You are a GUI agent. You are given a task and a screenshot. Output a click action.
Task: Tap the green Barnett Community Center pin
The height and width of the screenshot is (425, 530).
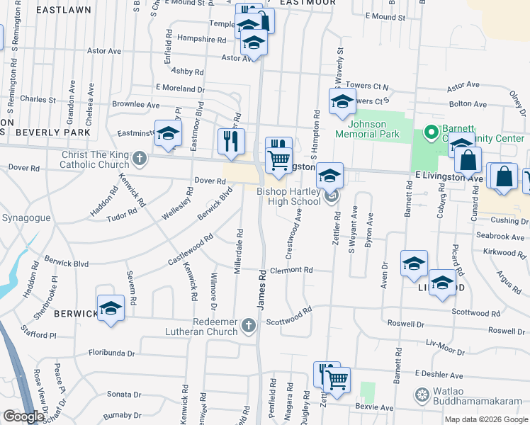click(430, 132)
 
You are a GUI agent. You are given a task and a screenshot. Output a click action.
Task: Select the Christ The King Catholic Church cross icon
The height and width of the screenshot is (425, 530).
click(140, 157)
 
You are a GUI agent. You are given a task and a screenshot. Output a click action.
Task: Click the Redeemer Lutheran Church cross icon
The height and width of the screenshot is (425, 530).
click(248, 325)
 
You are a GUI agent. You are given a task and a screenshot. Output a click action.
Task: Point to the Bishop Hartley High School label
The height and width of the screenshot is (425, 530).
click(288, 196)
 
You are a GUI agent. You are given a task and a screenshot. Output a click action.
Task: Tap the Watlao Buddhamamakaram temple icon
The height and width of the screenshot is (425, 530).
click(422, 394)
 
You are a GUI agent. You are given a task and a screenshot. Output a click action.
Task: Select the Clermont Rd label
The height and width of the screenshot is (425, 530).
click(291, 270)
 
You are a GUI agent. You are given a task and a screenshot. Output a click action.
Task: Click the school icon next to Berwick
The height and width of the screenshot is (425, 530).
click(111, 308)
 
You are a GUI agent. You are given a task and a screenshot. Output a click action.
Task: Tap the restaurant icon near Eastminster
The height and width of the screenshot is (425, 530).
click(230, 141)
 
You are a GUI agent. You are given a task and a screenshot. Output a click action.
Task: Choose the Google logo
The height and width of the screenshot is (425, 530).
click(23, 416)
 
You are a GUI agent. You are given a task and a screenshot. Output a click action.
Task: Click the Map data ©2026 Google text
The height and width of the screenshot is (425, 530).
click(485, 419)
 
